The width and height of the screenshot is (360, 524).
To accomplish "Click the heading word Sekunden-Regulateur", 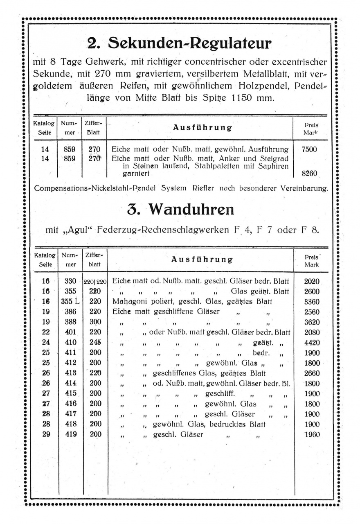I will pos(191,43).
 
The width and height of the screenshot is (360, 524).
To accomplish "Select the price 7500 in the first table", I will pos(309,149).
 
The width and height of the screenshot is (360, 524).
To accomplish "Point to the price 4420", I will pos(312,343).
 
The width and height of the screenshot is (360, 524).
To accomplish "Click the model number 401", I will pos(70,332).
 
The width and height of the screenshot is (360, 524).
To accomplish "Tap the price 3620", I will pos(312,322).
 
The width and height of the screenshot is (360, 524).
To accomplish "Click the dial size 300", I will pos(95,322).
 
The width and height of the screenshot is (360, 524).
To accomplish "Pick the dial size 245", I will pos(95,343).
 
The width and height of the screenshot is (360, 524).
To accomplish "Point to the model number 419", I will pos(70,434).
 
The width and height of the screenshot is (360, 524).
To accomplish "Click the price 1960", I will pos(312,434).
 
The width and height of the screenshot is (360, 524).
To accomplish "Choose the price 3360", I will pos(312,302).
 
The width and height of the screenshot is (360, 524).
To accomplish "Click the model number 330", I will pos(70,281).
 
